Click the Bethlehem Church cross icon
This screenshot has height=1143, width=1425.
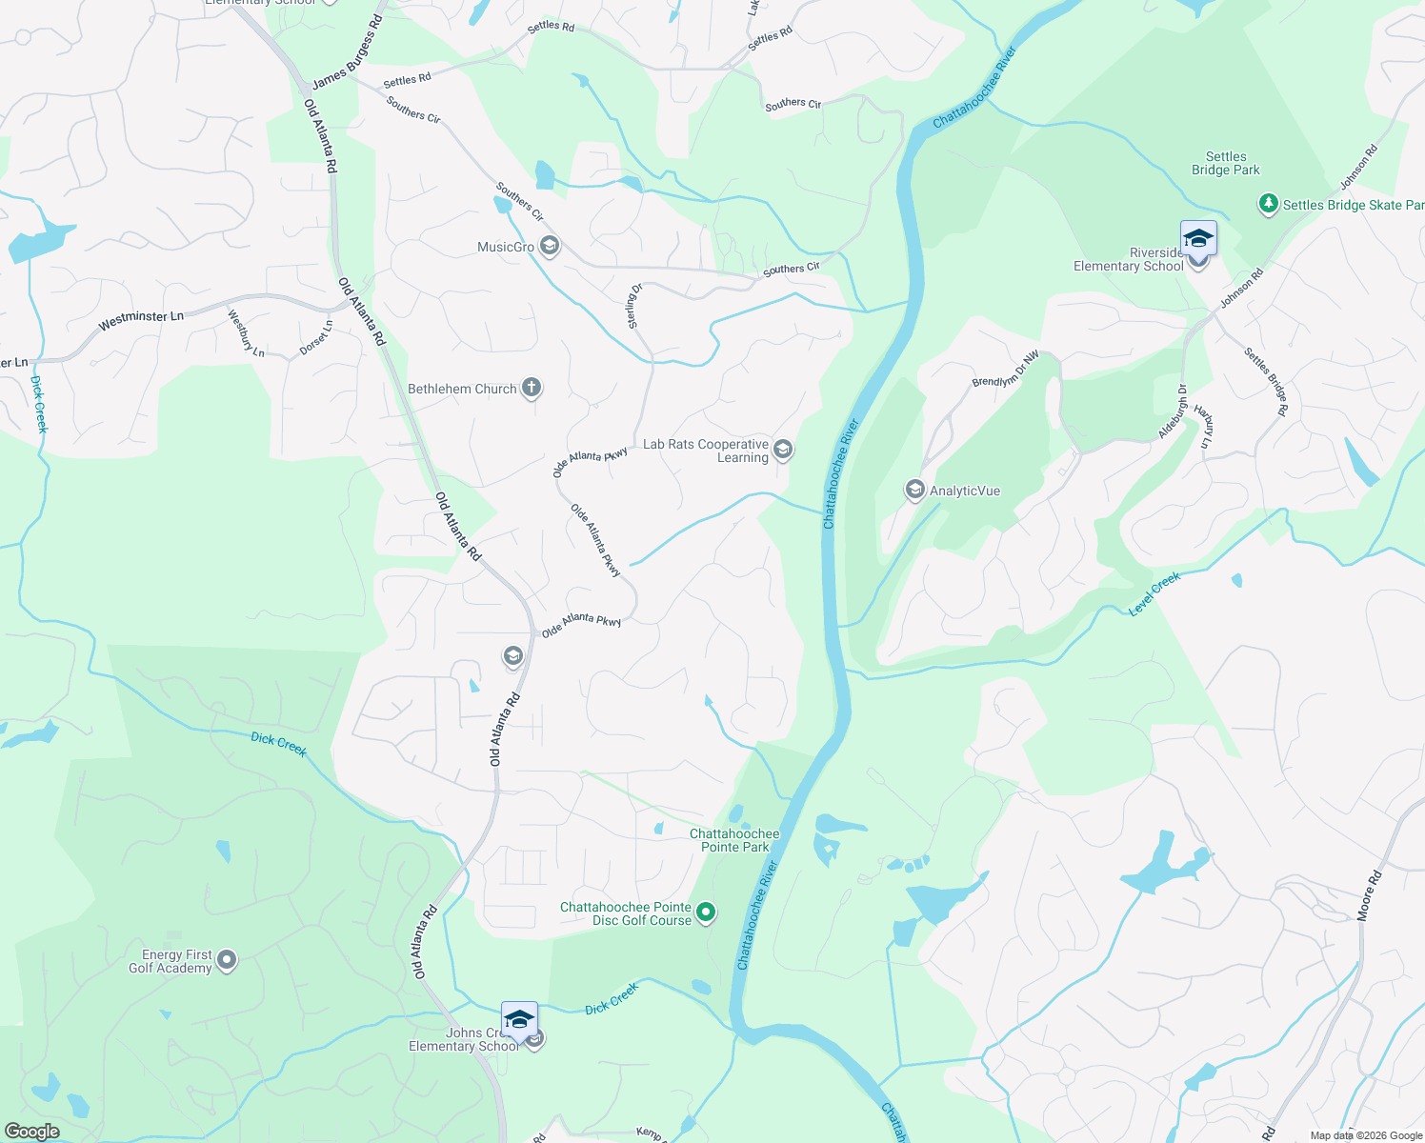(x=532, y=388)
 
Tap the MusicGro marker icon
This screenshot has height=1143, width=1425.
(x=549, y=247)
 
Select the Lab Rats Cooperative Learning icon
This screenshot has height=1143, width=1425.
(x=783, y=449)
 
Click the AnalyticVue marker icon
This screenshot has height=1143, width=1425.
(x=914, y=491)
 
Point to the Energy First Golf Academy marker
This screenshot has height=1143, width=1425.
(x=227, y=960)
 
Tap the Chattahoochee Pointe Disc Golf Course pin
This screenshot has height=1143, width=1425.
(x=706, y=912)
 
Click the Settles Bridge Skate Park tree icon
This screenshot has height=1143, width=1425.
(x=1268, y=204)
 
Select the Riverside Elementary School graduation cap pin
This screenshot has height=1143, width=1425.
(x=1198, y=240)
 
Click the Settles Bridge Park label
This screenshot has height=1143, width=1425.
(x=1226, y=164)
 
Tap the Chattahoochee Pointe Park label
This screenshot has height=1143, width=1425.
(x=734, y=840)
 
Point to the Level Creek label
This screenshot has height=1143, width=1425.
(x=1154, y=593)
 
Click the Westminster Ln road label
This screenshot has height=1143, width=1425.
(x=141, y=320)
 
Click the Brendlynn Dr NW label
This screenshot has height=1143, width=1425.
(x=1006, y=370)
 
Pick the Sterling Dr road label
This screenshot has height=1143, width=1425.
(x=635, y=307)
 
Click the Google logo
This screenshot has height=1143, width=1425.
(x=32, y=1132)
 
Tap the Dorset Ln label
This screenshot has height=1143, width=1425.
(x=316, y=338)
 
